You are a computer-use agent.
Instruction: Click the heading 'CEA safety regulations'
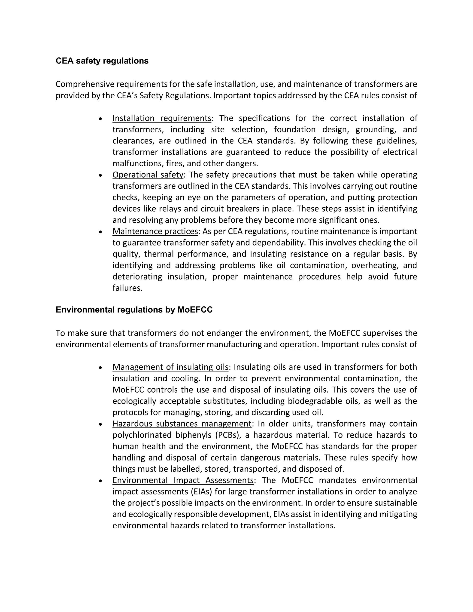pos(102,61)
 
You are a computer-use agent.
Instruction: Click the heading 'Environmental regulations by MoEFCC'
pos(134,310)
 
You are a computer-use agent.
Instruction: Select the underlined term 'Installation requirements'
pos(162,118)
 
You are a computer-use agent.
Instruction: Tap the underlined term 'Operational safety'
pos(148,175)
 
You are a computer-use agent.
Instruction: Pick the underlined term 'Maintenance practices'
pos(155,231)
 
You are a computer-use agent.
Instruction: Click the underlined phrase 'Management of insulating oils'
pos(170,367)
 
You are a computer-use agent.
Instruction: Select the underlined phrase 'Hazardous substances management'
pos(182,424)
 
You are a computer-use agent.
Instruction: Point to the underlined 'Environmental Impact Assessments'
pos(183,480)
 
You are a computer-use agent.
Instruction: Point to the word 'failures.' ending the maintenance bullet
pos(127,288)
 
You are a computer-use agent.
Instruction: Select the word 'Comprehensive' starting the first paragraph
pos(85,84)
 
